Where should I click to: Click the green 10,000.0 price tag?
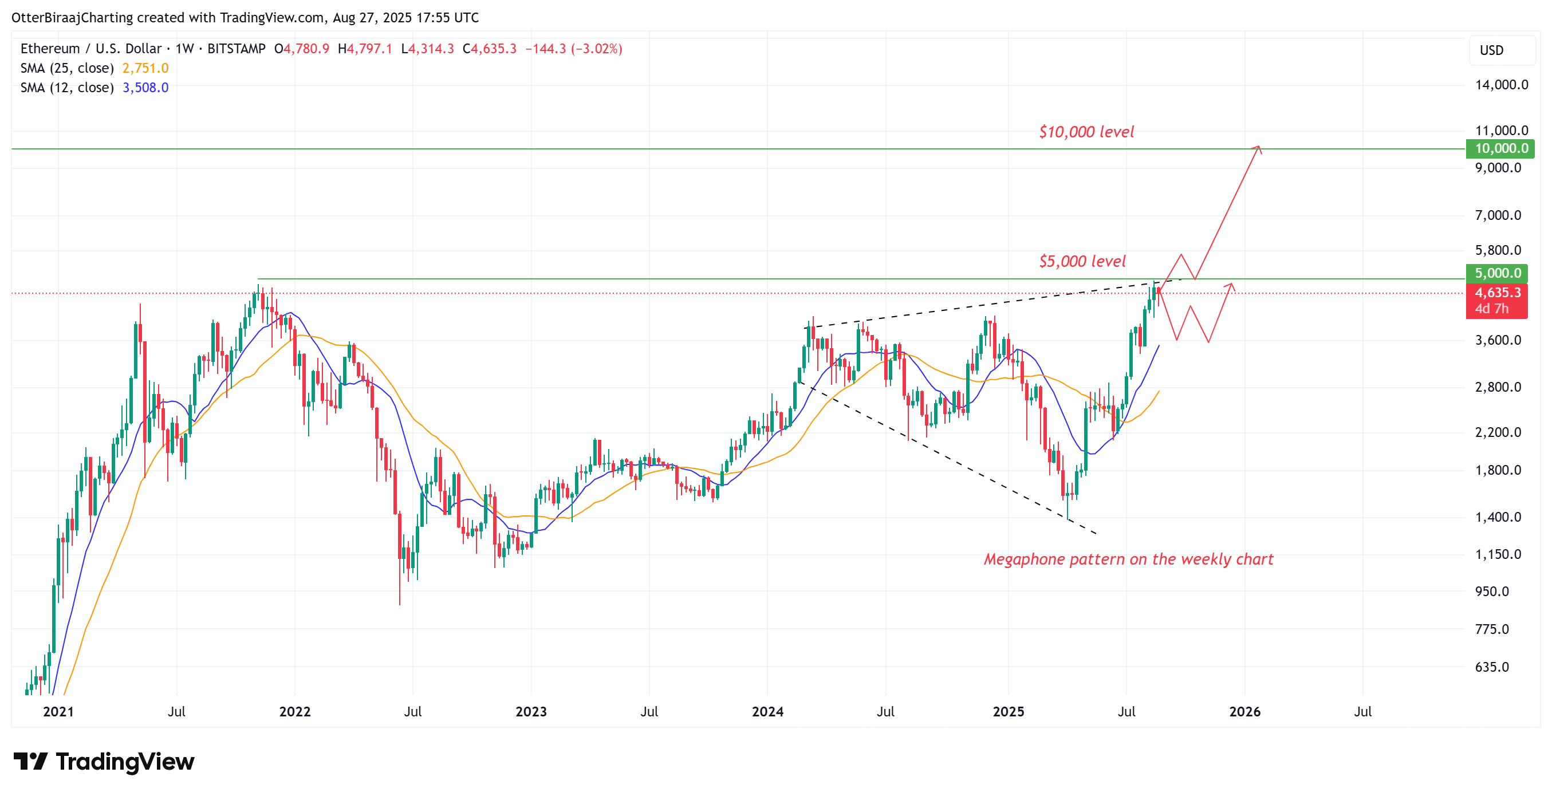pyautogui.click(x=1500, y=148)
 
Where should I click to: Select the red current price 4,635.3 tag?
pyautogui.click(x=1496, y=293)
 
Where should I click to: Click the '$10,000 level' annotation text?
pyautogui.click(x=1086, y=132)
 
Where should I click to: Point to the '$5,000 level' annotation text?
pyautogui.click(x=1081, y=262)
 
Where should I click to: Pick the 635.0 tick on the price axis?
pyautogui.click(x=1491, y=667)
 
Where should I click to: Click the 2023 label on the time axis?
pyautogui.click(x=531, y=712)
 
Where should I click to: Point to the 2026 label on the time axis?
pyautogui.click(x=1244, y=712)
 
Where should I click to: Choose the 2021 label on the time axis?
pyautogui.click(x=58, y=712)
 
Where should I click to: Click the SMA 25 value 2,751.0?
pyautogui.click(x=145, y=68)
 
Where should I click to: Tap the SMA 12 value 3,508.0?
pyautogui.click(x=145, y=88)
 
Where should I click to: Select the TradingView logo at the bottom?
pyautogui.click(x=104, y=762)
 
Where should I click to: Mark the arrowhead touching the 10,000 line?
pyautogui.click(x=1258, y=148)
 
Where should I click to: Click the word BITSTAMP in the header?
pyautogui.click(x=236, y=49)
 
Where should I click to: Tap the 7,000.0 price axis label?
pyautogui.click(x=1497, y=216)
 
